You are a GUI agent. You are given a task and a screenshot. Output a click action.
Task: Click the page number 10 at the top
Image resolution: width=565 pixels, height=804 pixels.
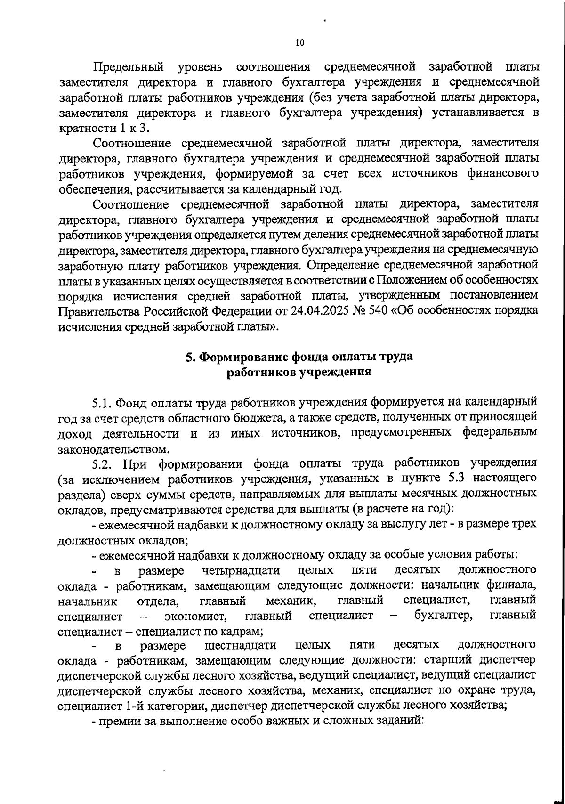[300, 42]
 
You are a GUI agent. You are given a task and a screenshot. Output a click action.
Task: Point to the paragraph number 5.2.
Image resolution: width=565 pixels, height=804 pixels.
[102, 464]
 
